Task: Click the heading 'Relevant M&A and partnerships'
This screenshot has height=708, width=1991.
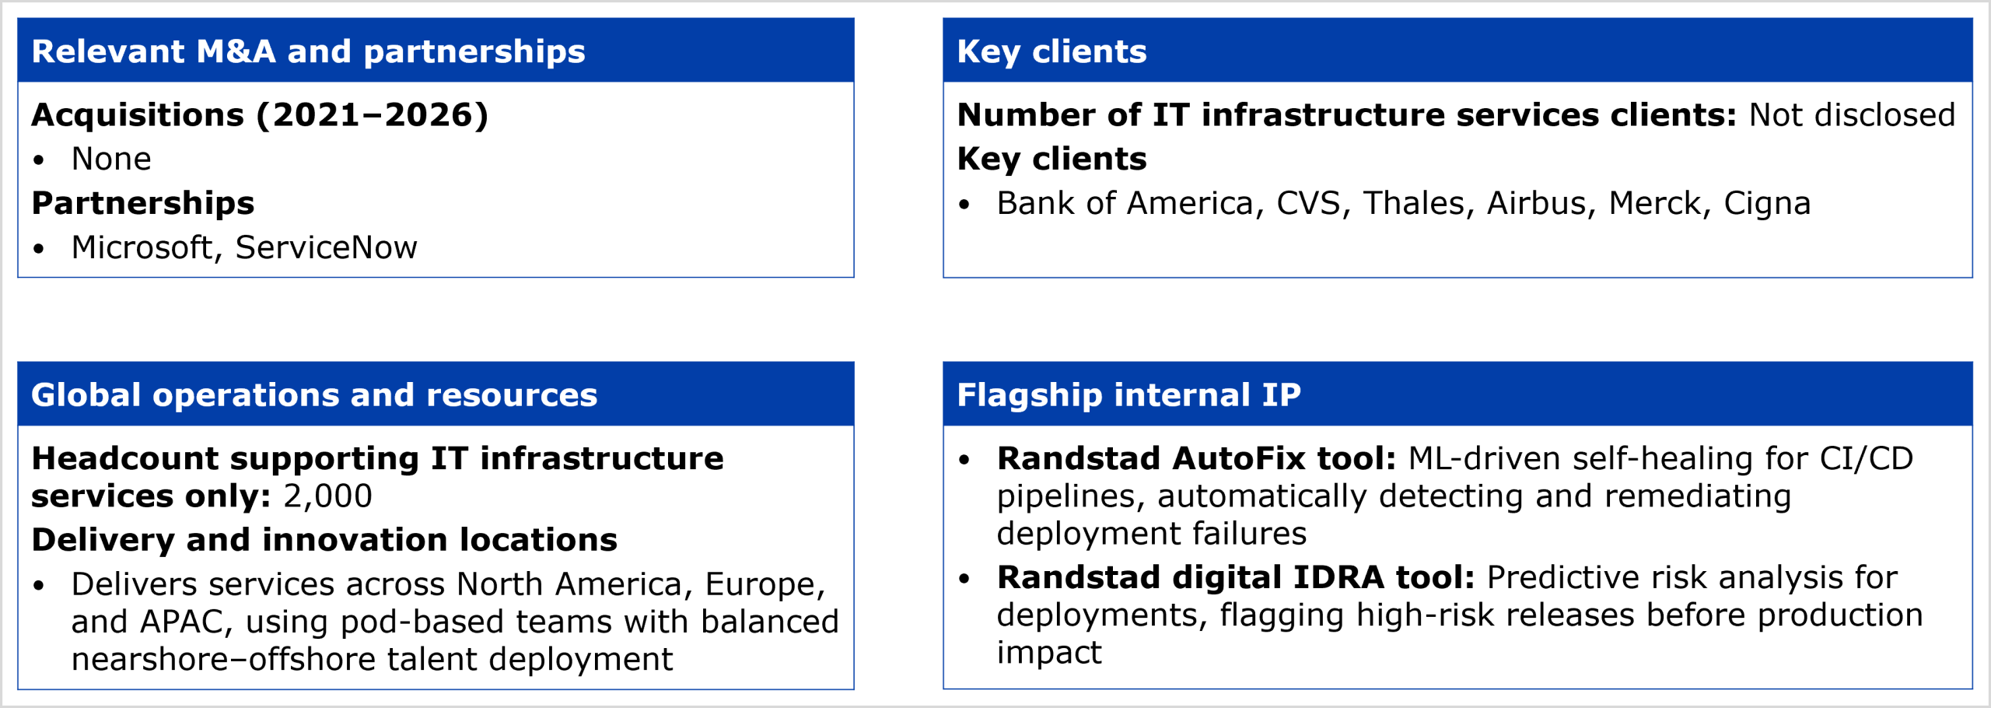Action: (308, 51)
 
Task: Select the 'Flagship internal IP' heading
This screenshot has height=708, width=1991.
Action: (1128, 395)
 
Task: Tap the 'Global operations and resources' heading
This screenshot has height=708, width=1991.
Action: (314, 395)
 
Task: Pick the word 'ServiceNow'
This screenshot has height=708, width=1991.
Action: (326, 247)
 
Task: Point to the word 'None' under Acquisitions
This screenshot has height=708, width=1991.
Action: (111, 159)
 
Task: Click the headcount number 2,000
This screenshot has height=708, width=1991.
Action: (327, 496)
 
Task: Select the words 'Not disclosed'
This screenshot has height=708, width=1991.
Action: (1852, 115)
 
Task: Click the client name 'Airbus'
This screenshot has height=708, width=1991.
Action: (1536, 203)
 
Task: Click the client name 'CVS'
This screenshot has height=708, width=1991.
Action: (1309, 203)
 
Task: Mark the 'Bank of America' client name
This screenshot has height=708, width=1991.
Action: (1125, 203)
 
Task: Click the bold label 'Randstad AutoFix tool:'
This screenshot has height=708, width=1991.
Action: (1197, 459)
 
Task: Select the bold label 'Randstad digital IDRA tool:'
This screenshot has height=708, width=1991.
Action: (1236, 578)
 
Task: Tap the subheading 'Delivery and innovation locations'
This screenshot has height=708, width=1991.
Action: (324, 540)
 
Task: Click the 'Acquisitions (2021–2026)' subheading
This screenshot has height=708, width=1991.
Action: (260, 115)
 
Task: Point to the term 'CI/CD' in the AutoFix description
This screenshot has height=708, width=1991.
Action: (1866, 459)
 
